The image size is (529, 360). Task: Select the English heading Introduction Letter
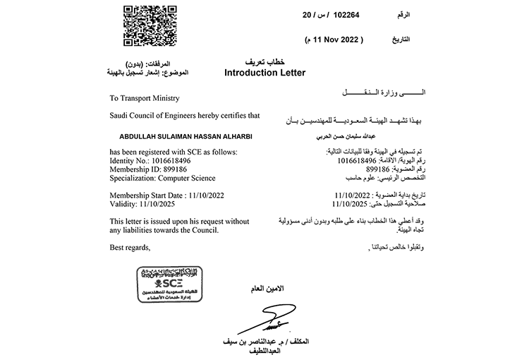click(x=264, y=73)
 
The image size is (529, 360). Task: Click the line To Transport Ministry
click(x=145, y=98)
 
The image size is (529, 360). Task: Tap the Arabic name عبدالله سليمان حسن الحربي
click(x=341, y=134)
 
